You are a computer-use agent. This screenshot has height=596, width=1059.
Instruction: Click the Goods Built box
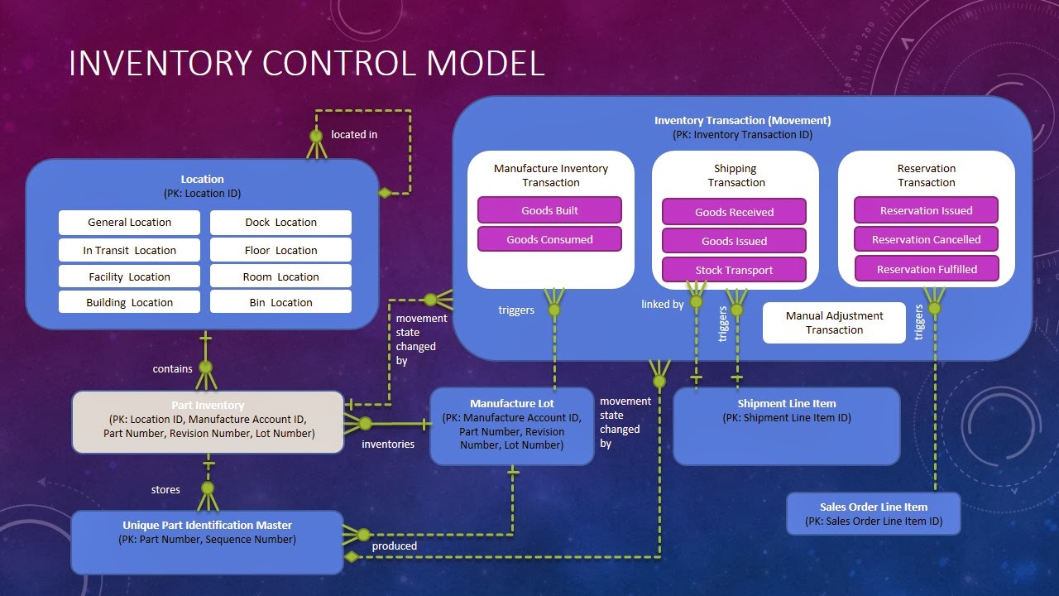point(549,210)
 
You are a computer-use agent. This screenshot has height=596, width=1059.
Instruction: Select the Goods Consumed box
point(549,239)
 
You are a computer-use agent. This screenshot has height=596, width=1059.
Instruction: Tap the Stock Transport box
point(734,270)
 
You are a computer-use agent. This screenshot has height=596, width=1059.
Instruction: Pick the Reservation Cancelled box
point(926,239)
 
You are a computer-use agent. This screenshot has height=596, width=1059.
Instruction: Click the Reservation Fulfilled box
point(927,269)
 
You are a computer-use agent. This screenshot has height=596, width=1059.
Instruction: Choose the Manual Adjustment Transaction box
point(834,323)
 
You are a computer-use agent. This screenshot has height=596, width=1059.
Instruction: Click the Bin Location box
point(280,302)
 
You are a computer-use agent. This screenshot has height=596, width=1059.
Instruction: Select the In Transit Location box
point(129,250)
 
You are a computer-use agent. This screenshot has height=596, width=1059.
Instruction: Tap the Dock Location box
point(280,222)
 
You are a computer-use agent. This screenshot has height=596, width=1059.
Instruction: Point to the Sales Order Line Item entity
point(873,514)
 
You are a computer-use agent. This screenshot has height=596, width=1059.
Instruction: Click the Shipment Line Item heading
point(786,404)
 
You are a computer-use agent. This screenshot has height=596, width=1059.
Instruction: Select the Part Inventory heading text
point(208,405)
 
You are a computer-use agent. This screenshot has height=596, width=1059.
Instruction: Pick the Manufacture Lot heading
point(512,404)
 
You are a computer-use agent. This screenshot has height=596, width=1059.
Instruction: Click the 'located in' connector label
point(354,134)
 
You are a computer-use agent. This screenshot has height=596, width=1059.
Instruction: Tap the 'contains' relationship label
point(172,368)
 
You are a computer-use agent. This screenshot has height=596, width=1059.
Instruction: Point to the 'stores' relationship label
point(165,489)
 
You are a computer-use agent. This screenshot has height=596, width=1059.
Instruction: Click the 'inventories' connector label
point(388,444)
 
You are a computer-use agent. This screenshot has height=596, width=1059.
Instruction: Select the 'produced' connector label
point(395,546)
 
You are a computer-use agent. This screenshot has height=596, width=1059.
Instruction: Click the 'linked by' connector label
point(662,304)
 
